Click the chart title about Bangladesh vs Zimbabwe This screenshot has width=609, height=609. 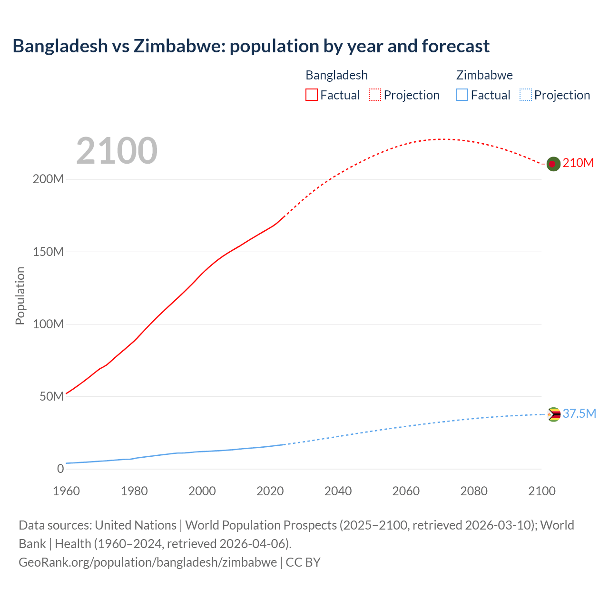(251, 46)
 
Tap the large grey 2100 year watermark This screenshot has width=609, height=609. (117, 151)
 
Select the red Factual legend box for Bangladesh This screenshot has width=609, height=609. (312, 95)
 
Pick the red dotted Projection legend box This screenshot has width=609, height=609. (375, 95)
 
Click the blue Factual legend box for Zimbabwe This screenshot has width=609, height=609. (462, 95)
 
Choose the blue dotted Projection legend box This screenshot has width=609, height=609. (525, 95)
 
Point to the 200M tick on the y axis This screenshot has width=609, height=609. (48, 179)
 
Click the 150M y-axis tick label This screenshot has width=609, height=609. (48, 252)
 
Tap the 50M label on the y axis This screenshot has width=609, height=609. (51, 396)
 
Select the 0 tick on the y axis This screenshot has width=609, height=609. (60, 469)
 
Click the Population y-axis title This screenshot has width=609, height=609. (20, 295)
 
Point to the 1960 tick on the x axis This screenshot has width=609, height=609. (66, 491)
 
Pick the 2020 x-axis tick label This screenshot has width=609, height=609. (270, 491)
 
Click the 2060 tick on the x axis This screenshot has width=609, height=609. (406, 491)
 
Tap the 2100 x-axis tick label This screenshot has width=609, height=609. (542, 491)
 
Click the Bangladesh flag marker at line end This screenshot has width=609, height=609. (553, 164)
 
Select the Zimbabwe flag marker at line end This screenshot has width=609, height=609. (553, 414)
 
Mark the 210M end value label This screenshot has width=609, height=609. (578, 163)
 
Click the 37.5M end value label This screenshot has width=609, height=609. (579, 413)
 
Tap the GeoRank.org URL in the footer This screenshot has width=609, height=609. (147, 562)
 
